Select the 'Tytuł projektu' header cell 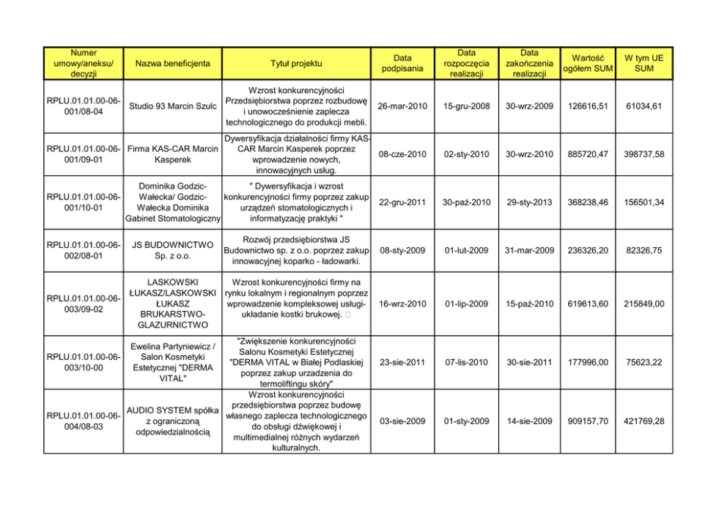pyautogui.click(x=296, y=63)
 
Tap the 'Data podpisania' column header pyautogui.click(x=402, y=63)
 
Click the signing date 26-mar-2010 pyautogui.click(x=402, y=106)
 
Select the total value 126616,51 pyautogui.click(x=588, y=106)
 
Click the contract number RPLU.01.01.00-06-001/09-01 pyautogui.click(x=84, y=154)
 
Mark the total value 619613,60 pyautogui.click(x=588, y=304)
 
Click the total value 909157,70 pyautogui.click(x=588, y=421)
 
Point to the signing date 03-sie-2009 pyautogui.click(x=402, y=421)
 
